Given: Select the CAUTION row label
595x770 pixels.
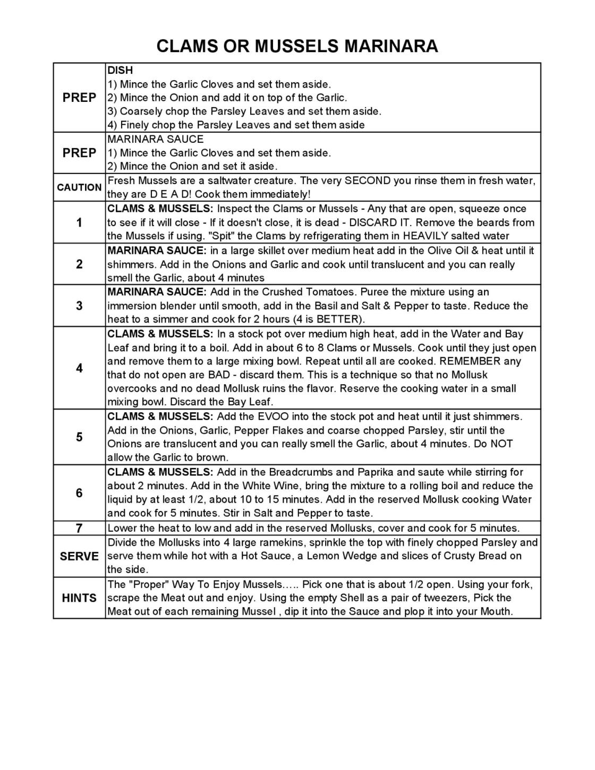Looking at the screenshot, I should click(x=79, y=187).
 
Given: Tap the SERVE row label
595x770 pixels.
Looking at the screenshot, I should click(x=79, y=556).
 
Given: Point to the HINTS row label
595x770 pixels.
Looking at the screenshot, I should click(x=79, y=598).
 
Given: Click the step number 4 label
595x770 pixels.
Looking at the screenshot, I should click(x=79, y=368).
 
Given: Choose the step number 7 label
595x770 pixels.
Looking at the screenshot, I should click(x=79, y=528).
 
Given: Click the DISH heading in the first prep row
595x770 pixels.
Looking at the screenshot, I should click(x=120, y=70).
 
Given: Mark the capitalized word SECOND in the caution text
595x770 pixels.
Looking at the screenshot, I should click(x=368, y=180).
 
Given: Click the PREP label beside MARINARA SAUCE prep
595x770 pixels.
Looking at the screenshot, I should click(x=79, y=153).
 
